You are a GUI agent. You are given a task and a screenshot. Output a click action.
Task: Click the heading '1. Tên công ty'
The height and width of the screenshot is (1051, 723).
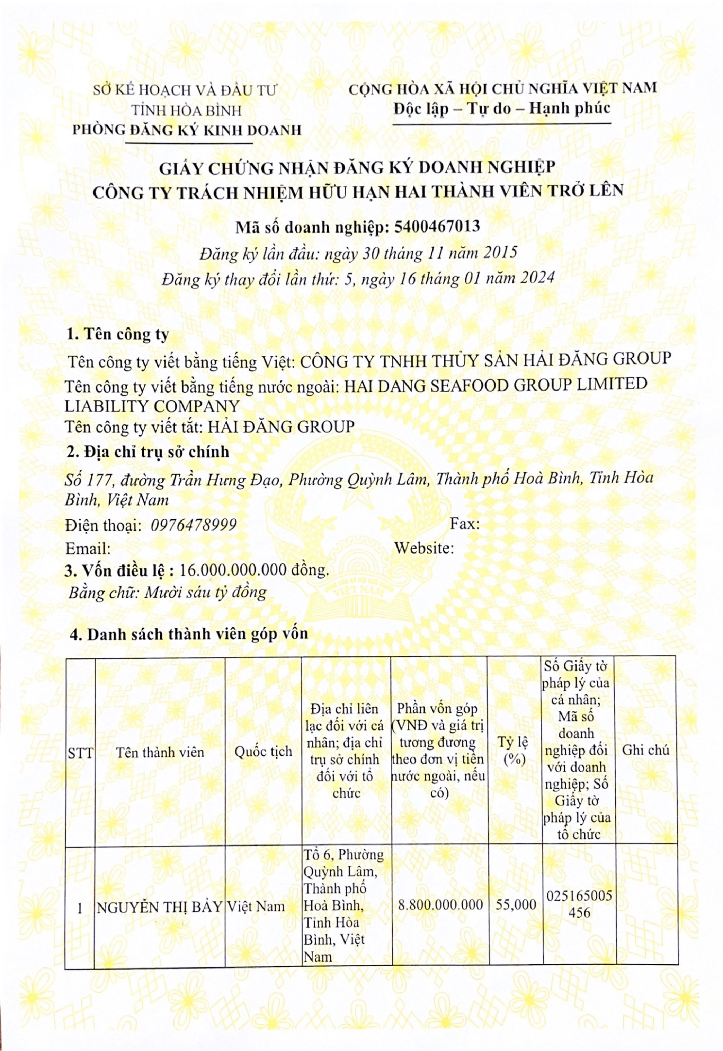(x=117, y=334)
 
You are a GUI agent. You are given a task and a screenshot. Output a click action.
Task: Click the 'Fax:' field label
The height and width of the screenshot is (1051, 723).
(x=464, y=524)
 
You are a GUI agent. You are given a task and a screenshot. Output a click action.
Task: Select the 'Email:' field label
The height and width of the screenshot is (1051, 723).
(x=88, y=549)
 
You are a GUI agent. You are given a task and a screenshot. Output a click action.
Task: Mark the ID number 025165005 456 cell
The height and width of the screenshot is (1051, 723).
(x=579, y=904)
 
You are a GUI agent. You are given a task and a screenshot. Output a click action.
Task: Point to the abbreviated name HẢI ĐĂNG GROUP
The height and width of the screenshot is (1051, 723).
(x=280, y=427)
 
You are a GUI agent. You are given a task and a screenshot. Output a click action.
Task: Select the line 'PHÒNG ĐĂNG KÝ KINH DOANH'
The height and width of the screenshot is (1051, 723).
(x=187, y=131)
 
